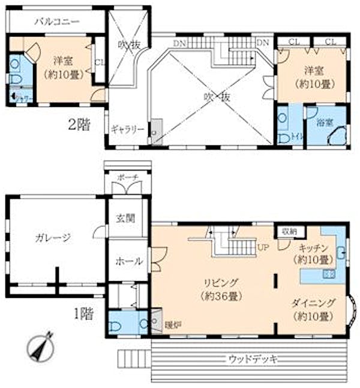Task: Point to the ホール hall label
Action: [128, 261]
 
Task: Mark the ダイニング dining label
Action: [314, 303]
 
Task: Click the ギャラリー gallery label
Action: [127, 129]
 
